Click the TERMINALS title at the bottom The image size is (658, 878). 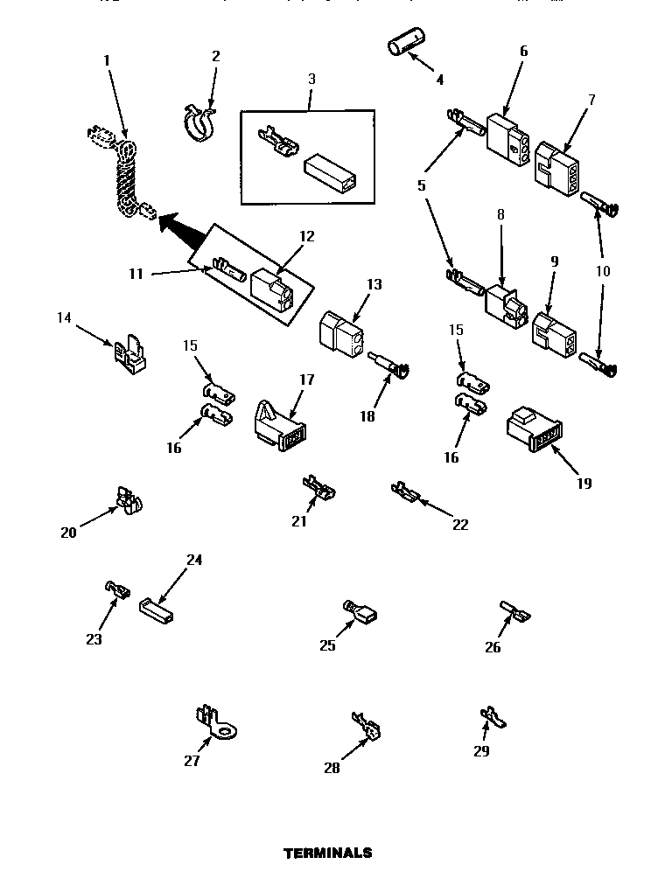click(x=328, y=853)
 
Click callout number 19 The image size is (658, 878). click(x=584, y=483)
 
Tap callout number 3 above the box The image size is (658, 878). click(x=311, y=79)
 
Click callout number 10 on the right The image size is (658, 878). click(x=603, y=271)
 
